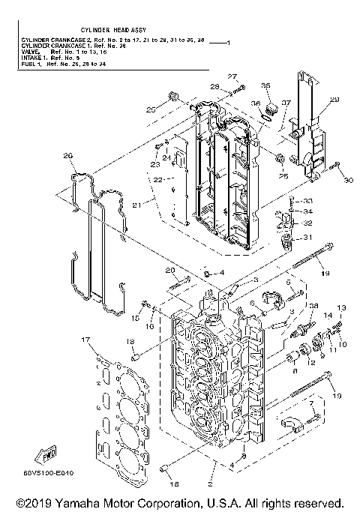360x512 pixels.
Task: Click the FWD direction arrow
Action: coord(46,454)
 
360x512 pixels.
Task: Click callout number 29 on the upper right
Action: coord(334,99)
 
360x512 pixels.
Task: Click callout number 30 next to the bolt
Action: coord(347,180)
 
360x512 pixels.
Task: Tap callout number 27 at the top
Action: coord(232,77)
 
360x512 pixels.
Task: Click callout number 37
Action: coord(286,103)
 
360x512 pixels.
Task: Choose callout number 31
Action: coord(307,238)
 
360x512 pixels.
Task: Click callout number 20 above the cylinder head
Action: coord(169,270)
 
